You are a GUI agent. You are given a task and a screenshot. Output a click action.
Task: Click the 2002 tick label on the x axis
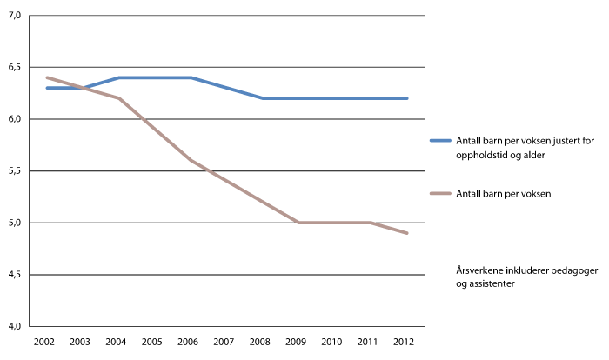(43, 341)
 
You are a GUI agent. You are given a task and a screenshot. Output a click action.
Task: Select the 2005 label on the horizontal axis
(152, 341)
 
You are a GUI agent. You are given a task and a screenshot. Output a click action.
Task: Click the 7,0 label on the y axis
(15, 16)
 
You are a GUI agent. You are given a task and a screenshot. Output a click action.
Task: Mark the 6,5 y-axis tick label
(15, 68)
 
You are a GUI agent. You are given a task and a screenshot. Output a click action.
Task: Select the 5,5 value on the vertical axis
(15, 171)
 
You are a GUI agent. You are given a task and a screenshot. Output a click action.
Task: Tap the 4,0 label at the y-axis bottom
(15, 327)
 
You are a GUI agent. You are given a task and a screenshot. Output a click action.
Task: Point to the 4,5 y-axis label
(15, 275)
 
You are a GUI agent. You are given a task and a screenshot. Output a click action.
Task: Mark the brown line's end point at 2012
(407, 233)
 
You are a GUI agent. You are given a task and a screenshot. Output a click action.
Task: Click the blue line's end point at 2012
(407, 98)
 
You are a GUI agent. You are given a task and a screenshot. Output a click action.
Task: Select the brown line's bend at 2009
(298, 223)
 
